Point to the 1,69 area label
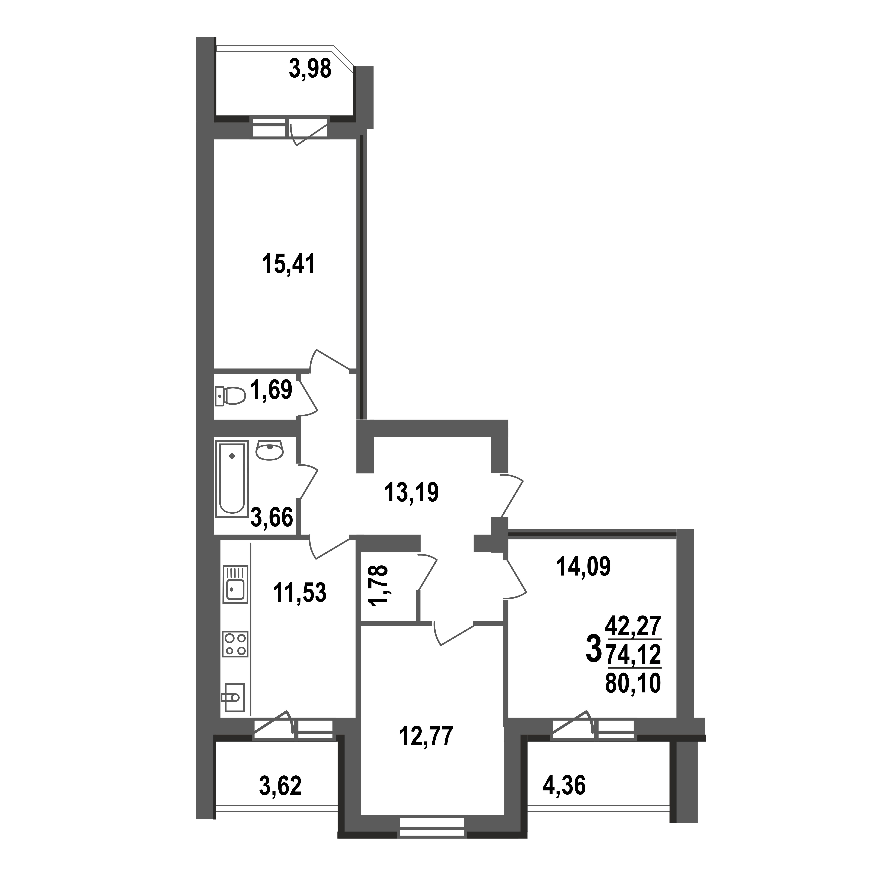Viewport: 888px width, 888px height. click(271, 390)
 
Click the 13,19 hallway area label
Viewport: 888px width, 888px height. click(411, 492)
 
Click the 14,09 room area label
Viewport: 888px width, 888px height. click(583, 566)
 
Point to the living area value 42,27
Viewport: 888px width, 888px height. click(633, 626)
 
